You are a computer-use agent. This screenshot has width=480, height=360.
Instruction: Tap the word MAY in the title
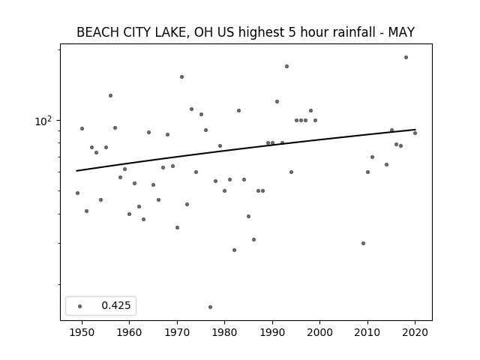click(x=401, y=32)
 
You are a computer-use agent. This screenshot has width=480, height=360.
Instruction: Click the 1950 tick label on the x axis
click(x=82, y=332)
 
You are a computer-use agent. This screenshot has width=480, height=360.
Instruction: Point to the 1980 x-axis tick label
click(x=224, y=332)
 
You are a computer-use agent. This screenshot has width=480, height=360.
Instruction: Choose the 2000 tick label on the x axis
click(x=320, y=332)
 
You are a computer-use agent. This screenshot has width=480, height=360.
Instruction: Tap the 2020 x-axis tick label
click(x=415, y=332)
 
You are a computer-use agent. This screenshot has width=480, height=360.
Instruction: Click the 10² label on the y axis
click(x=43, y=121)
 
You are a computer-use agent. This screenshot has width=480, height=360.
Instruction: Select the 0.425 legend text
click(x=116, y=305)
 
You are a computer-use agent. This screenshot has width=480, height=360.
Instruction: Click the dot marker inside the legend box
click(x=80, y=306)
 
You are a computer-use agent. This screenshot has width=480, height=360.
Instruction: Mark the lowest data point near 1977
click(x=210, y=307)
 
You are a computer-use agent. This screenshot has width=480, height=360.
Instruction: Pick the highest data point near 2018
click(x=406, y=57)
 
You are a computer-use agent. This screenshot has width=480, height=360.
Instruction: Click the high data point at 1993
click(x=286, y=67)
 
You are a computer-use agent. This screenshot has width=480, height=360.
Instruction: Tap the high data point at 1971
click(x=181, y=76)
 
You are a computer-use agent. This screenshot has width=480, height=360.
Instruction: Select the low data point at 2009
click(x=363, y=243)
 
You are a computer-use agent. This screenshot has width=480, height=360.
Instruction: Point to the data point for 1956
click(x=110, y=95)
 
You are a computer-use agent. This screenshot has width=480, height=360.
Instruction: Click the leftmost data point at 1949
click(x=77, y=193)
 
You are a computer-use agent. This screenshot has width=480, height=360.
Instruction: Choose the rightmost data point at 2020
click(x=415, y=133)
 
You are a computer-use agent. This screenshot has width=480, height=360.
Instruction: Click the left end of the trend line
click(x=76, y=171)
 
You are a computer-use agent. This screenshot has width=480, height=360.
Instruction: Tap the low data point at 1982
click(x=234, y=250)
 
